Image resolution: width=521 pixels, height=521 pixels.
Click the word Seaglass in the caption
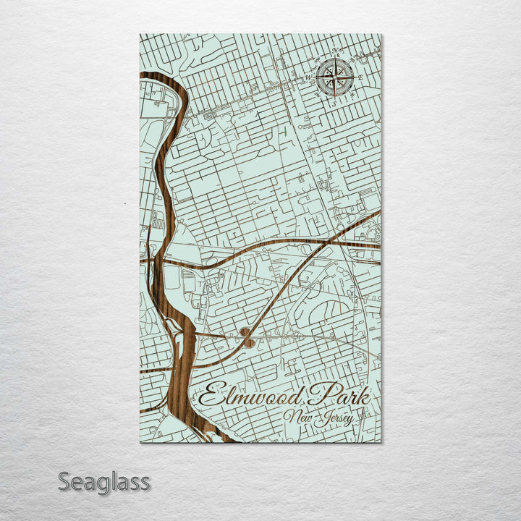[x=104, y=481]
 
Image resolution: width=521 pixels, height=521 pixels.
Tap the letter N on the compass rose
[x=335, y=51]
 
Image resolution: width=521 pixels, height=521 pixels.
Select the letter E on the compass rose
[x=360, y=75]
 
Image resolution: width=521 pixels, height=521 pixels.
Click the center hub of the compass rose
[x=335, y=75]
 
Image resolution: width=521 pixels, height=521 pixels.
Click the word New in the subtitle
[x=297, y=416]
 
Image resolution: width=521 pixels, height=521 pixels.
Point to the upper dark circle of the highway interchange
[x=245, y=332]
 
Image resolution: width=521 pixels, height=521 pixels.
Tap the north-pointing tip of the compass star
[x=335, y=59]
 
